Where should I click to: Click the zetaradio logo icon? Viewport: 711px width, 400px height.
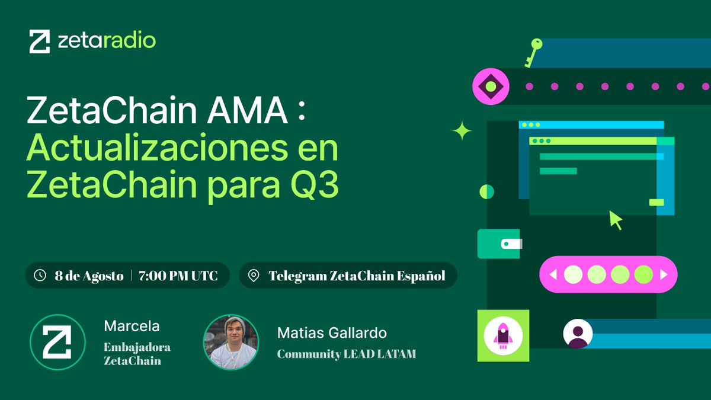coord(40,41)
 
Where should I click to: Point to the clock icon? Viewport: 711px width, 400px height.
coord(40,276)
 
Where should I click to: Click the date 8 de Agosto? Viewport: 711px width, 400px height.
coord(89,276)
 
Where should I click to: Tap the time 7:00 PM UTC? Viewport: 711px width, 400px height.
coord(178,276)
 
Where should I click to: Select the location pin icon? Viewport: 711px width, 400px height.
coord(254,276)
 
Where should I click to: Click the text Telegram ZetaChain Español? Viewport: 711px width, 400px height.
coord(357,276)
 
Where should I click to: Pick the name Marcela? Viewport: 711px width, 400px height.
coord(132,326)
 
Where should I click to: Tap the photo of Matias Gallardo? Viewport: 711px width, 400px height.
coord(231,343)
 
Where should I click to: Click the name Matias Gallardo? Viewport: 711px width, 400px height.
coord(332,333)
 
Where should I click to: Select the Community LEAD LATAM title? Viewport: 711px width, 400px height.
coord(347,354)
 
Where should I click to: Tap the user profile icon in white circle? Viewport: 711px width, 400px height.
coord(577,334)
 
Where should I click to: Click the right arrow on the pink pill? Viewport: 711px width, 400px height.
coord(664,274)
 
